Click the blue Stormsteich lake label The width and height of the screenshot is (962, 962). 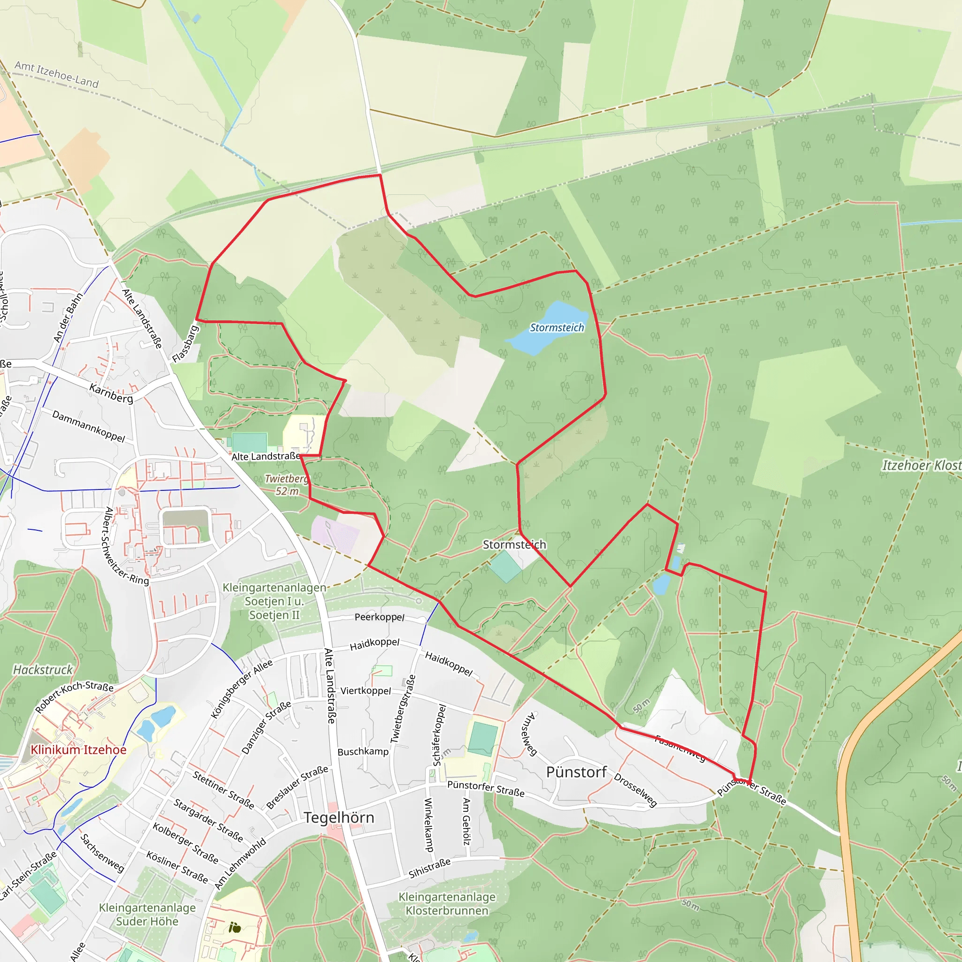[556, 328]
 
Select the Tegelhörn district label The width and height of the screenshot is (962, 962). [339, 818]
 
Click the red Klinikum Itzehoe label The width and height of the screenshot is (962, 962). [78, 750]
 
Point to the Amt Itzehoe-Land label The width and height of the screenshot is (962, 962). [57, 74]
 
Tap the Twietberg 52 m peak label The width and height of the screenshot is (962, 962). [287, 485]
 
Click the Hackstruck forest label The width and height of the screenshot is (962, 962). [43, 670]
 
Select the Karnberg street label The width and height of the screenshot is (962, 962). [111, 393]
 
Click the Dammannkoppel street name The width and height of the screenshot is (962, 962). [89, 426]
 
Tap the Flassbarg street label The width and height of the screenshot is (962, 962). [185, 343]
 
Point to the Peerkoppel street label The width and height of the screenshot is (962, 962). [380, 617]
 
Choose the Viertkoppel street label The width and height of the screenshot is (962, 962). [365, 690]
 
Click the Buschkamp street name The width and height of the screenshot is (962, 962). [363, 752]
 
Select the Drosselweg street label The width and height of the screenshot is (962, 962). [636, 790]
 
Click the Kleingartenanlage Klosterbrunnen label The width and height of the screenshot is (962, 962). [447, 904]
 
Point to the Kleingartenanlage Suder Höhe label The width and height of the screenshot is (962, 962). [147, 915]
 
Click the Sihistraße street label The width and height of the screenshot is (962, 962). [429, 868]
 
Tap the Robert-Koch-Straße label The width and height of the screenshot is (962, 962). [74, 697]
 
